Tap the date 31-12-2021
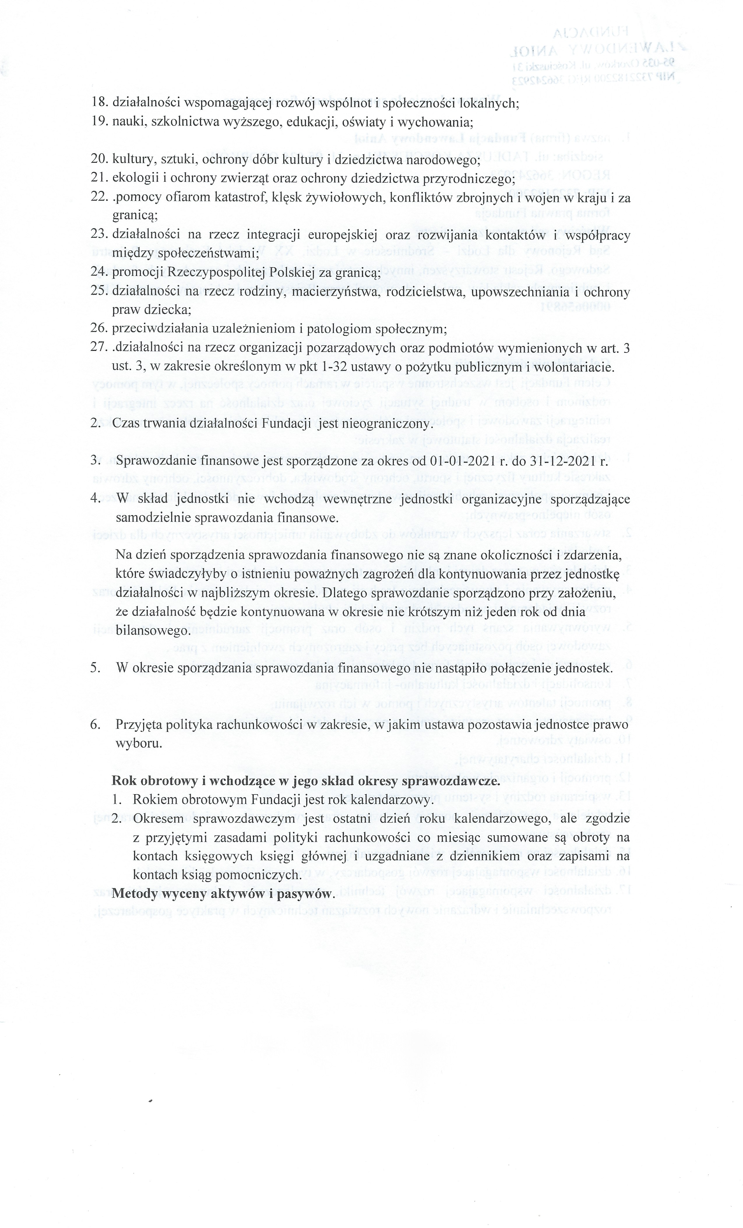561,461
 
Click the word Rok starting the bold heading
125,781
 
